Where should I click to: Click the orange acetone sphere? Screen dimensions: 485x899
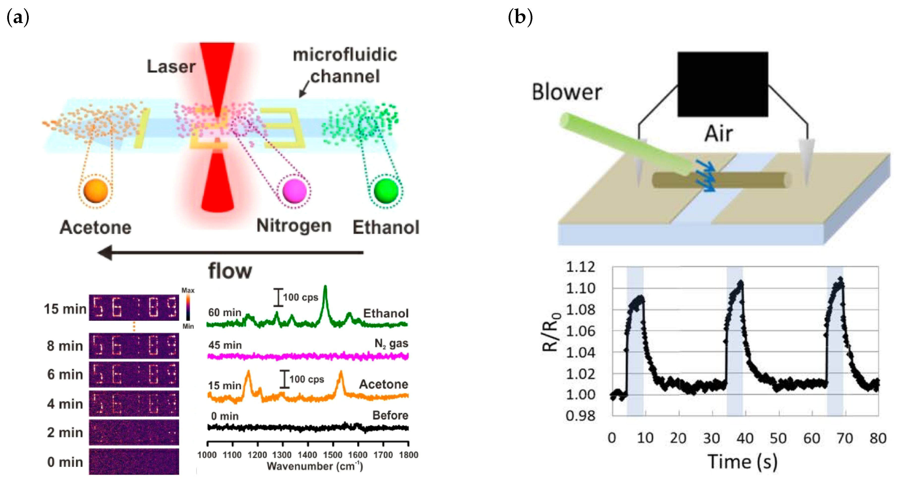[95, 191]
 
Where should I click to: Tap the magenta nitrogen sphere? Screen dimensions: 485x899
[294, 191]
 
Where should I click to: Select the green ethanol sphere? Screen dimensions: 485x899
[386, 191]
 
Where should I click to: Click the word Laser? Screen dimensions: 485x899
[171, 66]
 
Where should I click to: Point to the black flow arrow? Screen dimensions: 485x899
[230, 253]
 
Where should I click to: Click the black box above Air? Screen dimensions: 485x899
[723, 84]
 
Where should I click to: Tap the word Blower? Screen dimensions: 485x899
[567, 92]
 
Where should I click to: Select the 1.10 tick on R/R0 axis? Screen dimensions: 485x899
[580, 288]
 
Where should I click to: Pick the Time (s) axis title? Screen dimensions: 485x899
[743, 462]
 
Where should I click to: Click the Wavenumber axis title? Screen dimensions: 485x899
[315, 466]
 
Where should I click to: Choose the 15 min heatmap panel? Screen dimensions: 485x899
[134, 307]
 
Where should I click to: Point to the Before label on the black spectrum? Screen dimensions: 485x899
[390, 415]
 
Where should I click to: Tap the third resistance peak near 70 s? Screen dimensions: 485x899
[840, 279]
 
